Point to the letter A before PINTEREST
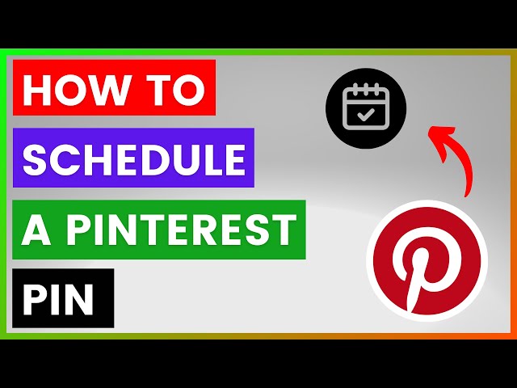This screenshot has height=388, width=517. (35, 230)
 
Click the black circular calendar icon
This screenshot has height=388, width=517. (366, 108)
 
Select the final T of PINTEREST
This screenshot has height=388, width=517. (284, 230)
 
